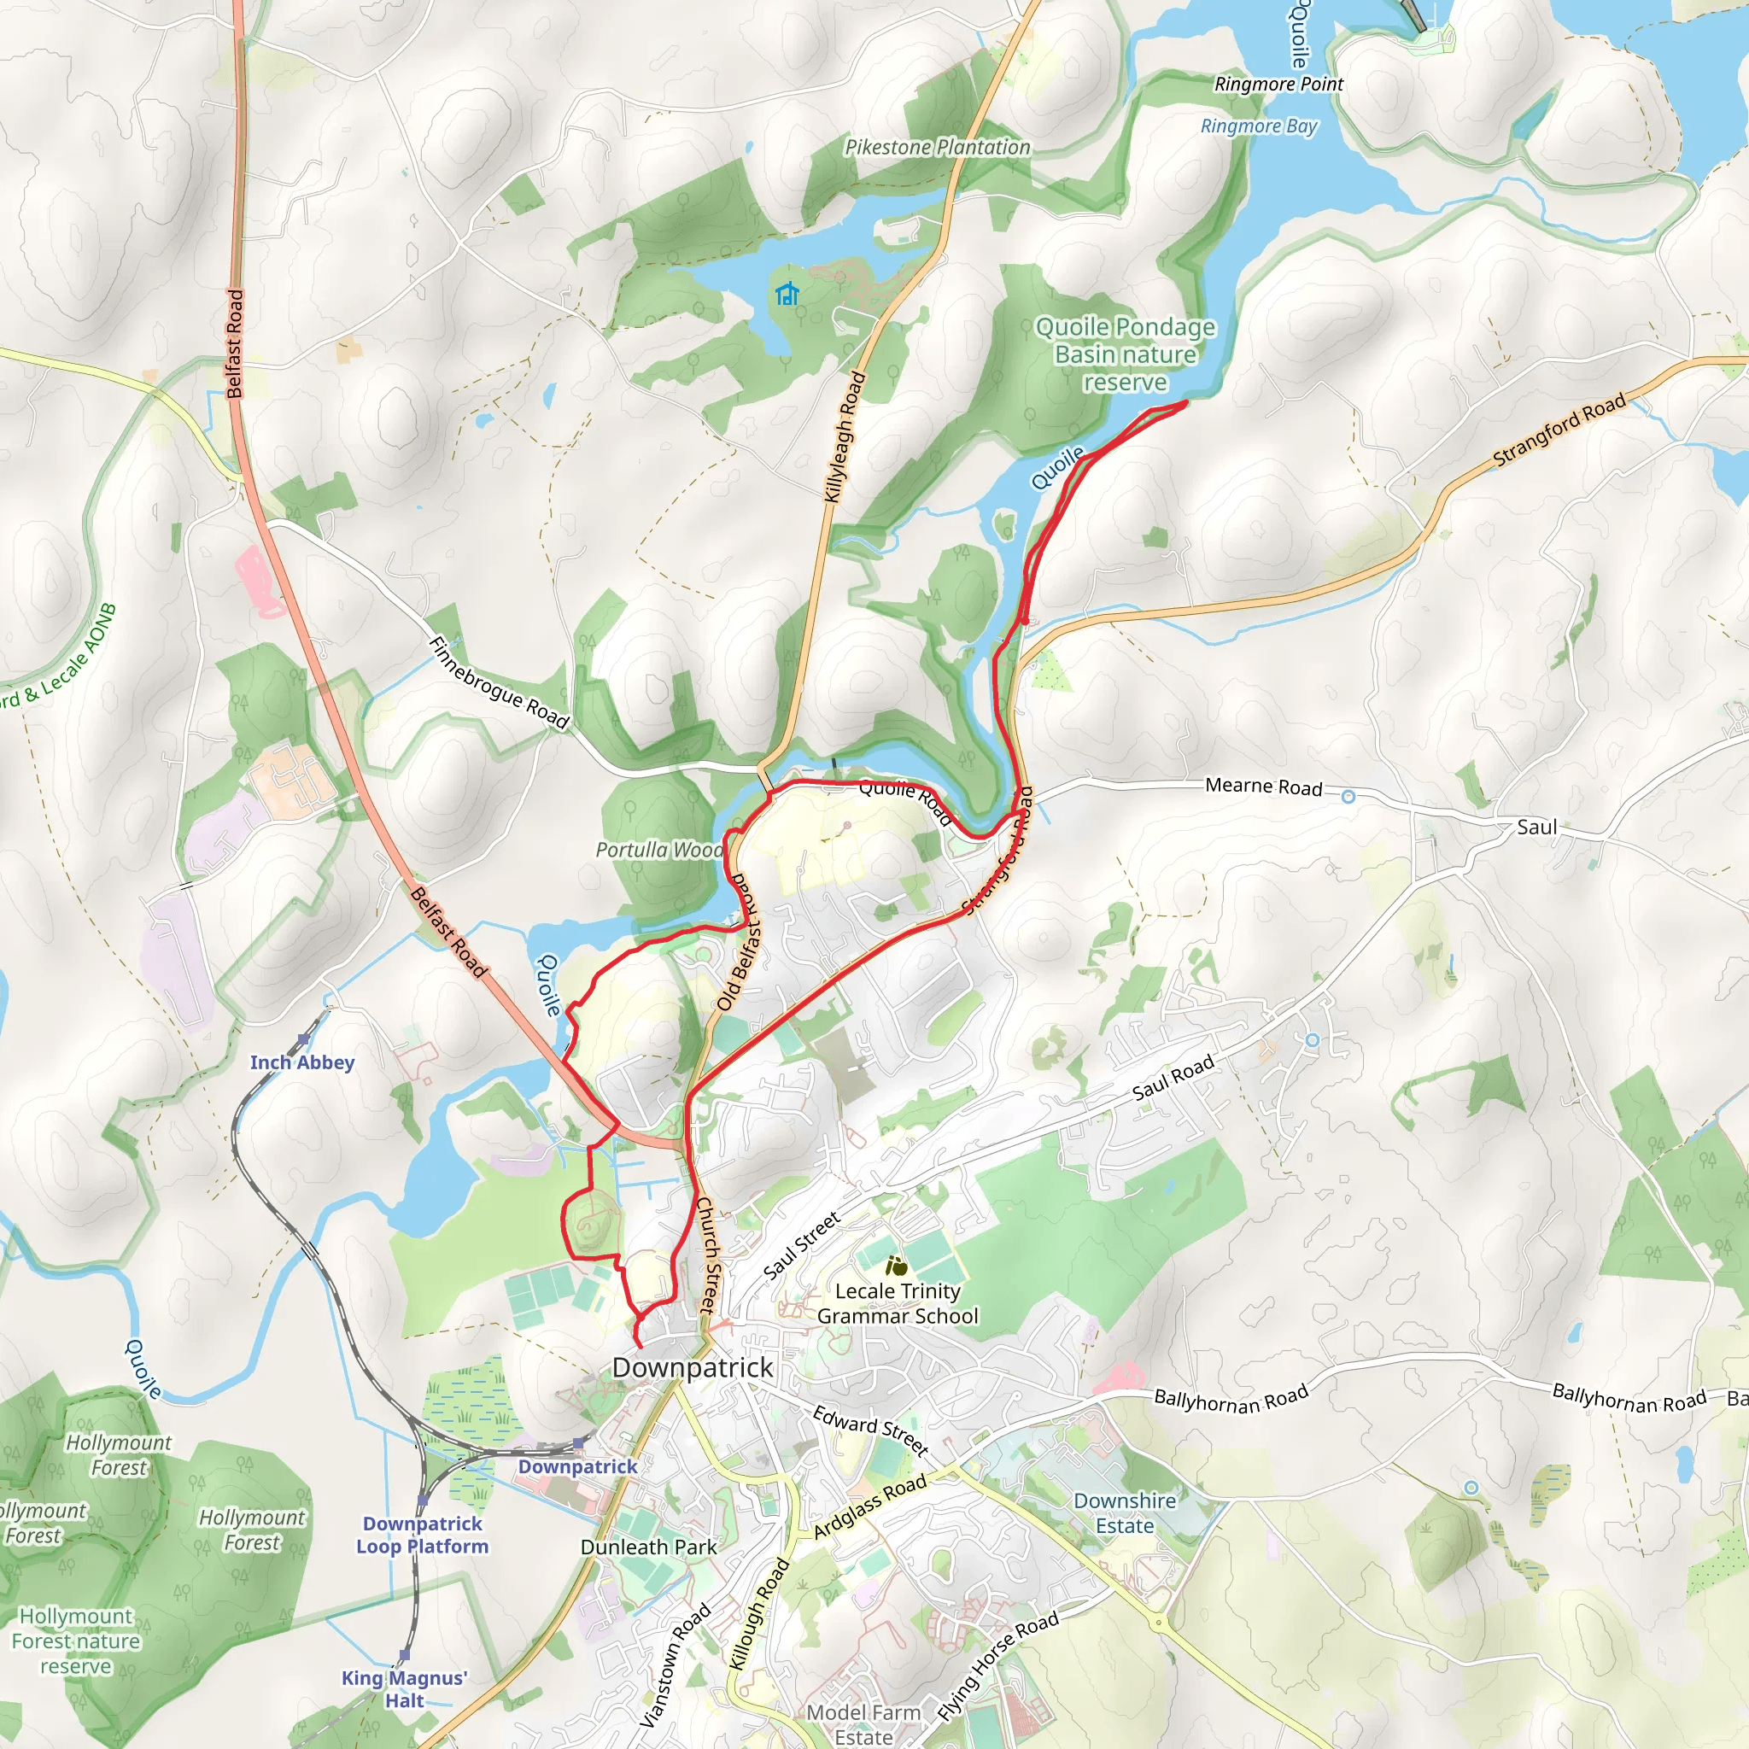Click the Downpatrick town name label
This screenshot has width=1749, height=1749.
pos(693,1368)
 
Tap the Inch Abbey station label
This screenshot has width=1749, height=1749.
pos(302,1062)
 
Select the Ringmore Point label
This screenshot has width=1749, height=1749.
pos(1278,85)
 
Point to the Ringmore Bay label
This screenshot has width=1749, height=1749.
pos(1258,126)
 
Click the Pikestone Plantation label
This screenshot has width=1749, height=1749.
pos(937,148)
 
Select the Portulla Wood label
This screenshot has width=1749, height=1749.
pos(659,850)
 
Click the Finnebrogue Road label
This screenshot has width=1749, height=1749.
pos(498,683)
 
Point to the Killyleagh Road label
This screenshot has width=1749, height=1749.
pos(845,437)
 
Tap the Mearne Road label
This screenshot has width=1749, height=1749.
pos(1263,787)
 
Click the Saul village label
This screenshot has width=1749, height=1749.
pos(1536,828)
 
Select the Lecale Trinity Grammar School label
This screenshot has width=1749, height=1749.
pos(898,1303)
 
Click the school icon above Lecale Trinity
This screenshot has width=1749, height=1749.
pos(896,1266)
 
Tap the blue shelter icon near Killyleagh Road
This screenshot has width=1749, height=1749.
pos(787,295)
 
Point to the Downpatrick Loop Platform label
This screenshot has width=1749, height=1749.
pos(422,1535)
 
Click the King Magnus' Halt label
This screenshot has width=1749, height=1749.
pos(404,1689)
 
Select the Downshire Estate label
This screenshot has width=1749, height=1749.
pos(1125,1512)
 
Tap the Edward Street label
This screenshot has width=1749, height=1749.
pos(870,1431)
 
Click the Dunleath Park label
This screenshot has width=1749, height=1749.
pos(648,1547)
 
